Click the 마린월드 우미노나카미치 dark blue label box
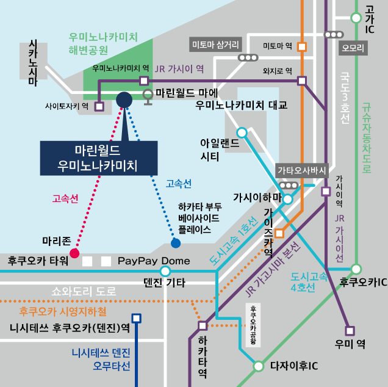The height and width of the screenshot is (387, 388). tap(98, 157)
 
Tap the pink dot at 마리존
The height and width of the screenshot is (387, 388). tap(75, 253)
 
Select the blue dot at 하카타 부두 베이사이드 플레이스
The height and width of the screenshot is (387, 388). tap(176, 243)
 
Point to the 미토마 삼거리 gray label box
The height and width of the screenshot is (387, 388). tap(216, 45)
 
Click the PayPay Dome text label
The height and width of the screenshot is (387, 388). tap(154, 261)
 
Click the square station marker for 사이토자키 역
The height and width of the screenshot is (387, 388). tap(99, 106)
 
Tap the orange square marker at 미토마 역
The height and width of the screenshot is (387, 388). tap(302, 46)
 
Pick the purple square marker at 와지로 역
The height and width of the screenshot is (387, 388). tap(302, 80)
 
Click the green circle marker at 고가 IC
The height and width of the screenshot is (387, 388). tap(356, 18)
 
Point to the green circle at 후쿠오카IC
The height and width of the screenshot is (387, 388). tap(356, 269)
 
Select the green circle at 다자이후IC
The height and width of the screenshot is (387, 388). tap(259, 366)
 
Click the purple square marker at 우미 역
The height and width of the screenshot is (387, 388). tap(350, 331)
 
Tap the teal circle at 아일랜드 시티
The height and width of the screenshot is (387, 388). tap(242, 132)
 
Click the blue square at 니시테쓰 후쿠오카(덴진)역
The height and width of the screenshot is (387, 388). tap(137, 317)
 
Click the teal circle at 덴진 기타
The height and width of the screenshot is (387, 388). tap(165, 271)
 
